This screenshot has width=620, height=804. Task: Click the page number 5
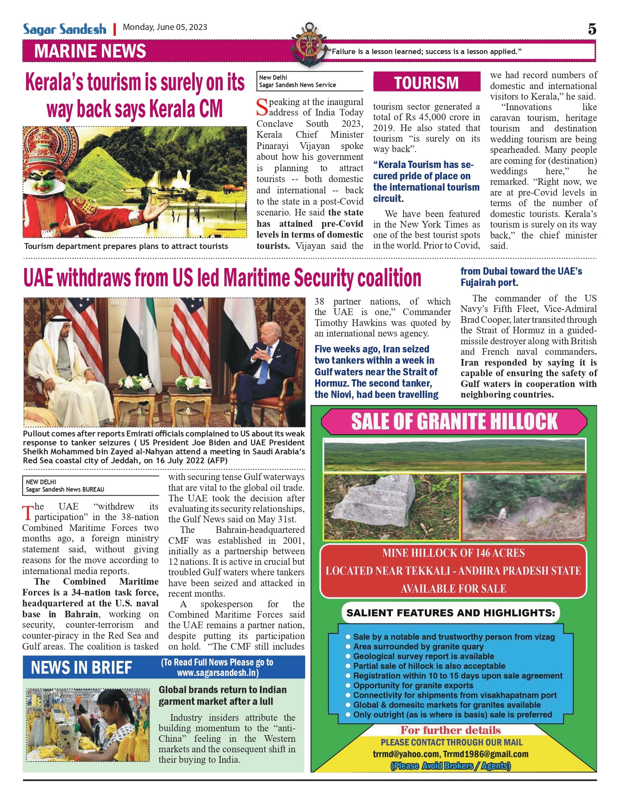(x=592, y=29)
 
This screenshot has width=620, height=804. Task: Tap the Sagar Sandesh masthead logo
(x=65, y=29)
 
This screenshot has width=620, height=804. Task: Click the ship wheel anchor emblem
(x=309, y=44)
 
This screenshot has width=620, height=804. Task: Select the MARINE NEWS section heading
(x=90, y=51)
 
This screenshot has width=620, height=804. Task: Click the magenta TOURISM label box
(x=426, y=82)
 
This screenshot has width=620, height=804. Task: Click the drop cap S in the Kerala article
(x=262, y=107)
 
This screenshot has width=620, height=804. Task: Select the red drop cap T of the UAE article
(x=28, y=513)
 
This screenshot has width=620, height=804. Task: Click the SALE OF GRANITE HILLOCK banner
(x=454, y=422)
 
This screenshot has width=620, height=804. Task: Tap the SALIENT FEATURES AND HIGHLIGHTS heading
(x=451, y=613)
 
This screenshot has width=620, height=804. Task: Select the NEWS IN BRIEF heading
(x=81, y=667)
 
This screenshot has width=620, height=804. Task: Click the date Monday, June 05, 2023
(x=165, y=27)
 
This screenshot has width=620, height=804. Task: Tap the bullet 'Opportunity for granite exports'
(x=413, y=685)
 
